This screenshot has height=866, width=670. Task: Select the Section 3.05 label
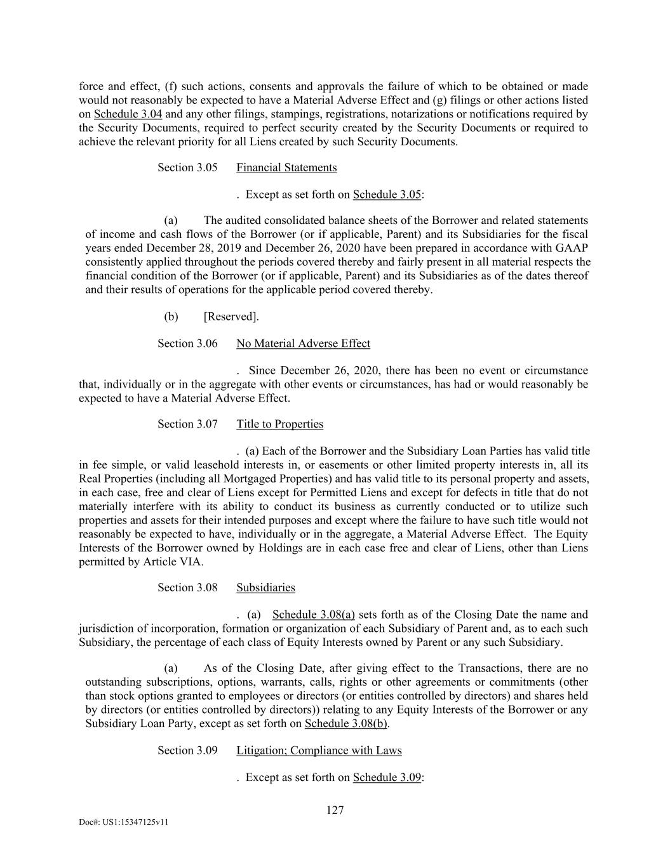[187, 167]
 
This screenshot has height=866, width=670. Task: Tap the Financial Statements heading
[286, 167]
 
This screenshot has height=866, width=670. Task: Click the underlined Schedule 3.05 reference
[387, 194]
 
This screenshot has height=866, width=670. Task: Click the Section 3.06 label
[187, 343]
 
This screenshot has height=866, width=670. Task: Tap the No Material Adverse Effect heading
[303, 343]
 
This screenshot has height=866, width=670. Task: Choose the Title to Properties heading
[279, 424]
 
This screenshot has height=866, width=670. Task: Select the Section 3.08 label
[187, 587]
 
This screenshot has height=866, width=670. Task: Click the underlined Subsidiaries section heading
[265, 587]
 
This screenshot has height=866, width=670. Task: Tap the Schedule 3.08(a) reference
[313, 614]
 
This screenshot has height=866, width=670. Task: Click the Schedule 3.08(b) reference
[347, 723]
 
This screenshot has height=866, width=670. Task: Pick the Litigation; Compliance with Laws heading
[319, 751]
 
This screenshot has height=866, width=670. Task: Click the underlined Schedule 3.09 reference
[387, 777]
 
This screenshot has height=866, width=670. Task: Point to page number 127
[335, 810]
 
